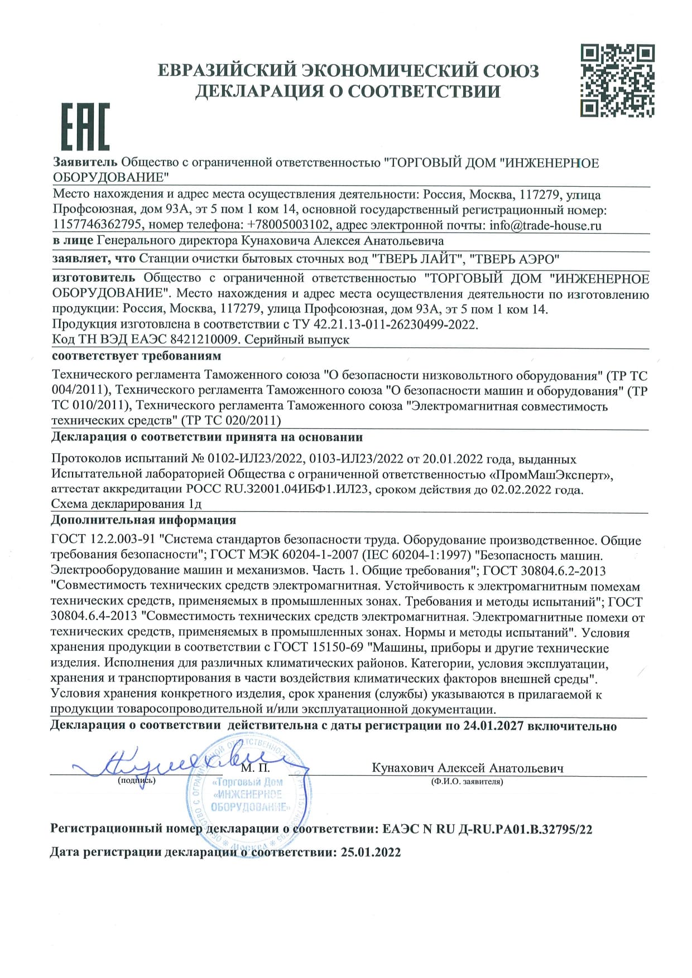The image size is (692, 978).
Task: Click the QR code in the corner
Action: tap(617, 81)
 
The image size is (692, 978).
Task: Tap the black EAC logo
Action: tap(84, 127)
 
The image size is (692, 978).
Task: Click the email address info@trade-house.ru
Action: tap(545, 226)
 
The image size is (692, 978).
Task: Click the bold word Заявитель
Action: tap(85, 162)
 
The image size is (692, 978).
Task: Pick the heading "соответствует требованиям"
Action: tap(136, 356)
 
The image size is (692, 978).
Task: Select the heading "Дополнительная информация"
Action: tap(143, 520)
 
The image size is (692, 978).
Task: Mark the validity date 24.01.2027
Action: tap(493, 726)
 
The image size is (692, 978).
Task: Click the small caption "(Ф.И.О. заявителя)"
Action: tap(467, 781)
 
